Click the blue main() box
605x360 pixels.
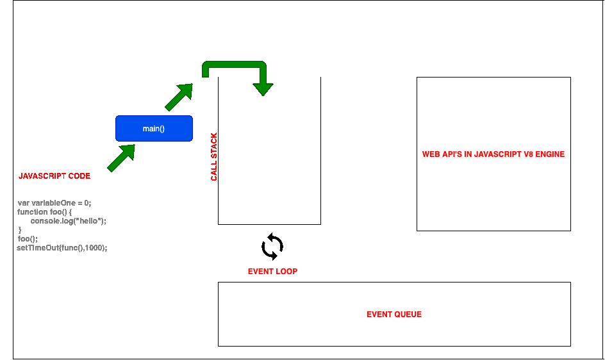[x=154, y=128]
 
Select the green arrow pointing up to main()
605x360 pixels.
[x=121, y=158]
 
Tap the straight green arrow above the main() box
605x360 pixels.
[x=179, y=97]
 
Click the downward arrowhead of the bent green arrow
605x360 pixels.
[x=262, y=88]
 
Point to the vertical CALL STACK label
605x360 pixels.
[x=214, y=157]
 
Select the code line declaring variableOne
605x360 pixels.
[x=54, y=203]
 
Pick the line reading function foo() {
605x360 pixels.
[x=44, y=212]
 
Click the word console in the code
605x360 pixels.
[x=44, y=221]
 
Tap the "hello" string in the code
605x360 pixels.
[x=89, y=221]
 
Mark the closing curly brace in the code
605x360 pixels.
[x=20, y=230]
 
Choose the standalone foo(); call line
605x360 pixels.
[x=28, y=239]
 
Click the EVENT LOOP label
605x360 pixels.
[x=272, y=272]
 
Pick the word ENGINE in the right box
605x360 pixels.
[x=551, y=154]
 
